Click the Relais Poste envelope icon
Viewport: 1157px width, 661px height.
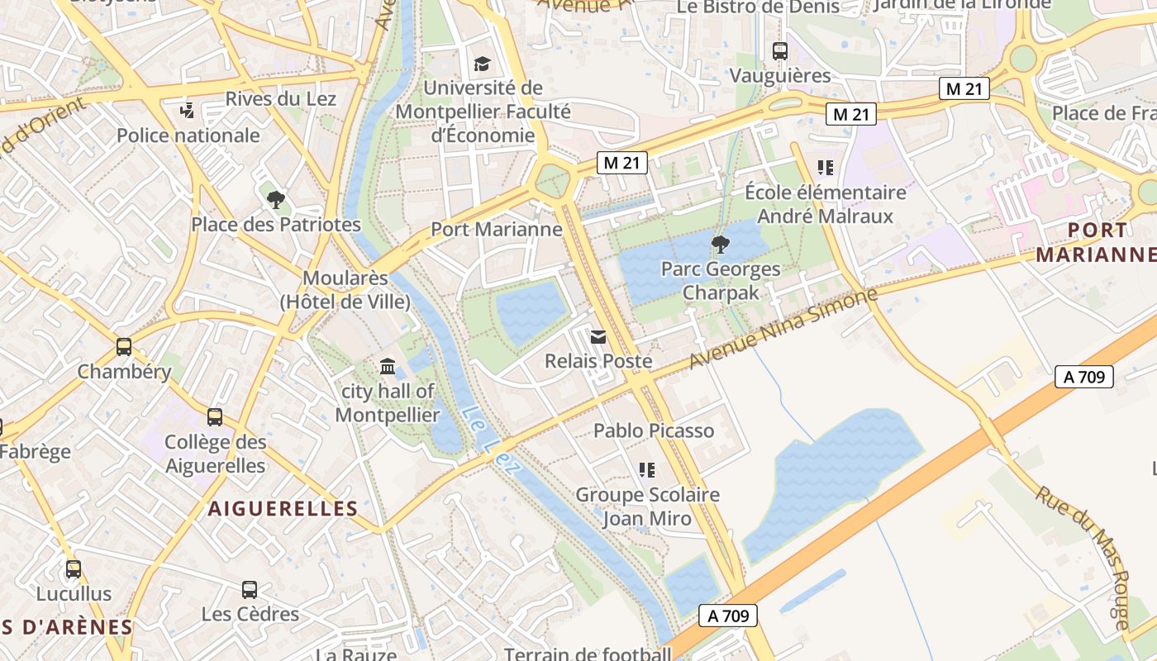[x=598, y=336]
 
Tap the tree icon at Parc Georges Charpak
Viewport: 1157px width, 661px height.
[x=720, y=244]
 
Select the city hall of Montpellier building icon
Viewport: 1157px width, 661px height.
[x=387, y=366]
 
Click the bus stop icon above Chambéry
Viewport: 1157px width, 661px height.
[x=124, y=347]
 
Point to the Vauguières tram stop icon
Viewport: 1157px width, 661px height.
[x=779, y=51]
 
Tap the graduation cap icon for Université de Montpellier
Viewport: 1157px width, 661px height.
[x=482, y=64]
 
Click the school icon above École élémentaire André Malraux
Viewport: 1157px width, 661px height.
[x=825, y=168]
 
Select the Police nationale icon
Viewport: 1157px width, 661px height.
[x=188, y=110]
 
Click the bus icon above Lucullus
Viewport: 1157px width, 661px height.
[x=74, y=568]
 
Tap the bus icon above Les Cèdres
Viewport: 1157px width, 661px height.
[x=250, y=589]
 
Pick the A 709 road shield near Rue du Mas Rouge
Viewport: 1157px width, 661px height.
[x=1084, y=377]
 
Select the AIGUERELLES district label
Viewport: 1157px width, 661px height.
[x=283, y=508]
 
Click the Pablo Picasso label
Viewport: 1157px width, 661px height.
[x=653, y=430]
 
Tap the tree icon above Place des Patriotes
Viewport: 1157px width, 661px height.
[x=276, y=198]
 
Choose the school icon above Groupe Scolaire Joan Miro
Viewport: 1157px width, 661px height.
[x=647, y=470]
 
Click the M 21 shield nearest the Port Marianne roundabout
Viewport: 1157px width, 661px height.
[x=622, y=163]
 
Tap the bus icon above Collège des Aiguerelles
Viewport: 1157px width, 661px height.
[x=215, y=417]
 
